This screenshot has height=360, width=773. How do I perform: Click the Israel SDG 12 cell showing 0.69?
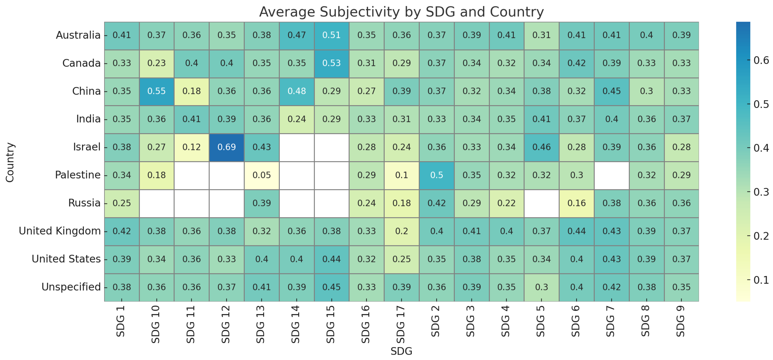click(x=226, y=147)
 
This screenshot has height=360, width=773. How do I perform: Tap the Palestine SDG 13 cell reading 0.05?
click(x=262, y=175)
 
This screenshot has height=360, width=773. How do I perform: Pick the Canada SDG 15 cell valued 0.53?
click(x=331, y=63)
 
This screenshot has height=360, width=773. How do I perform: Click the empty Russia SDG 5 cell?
click(x=542, y=203)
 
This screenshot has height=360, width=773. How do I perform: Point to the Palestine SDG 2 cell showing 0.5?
click(x=437, y=175)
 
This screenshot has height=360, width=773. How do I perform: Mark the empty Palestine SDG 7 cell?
click(x=612, y=175)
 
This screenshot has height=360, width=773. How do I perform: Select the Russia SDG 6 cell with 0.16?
click(x=576, y=203)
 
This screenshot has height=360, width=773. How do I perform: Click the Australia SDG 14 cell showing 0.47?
click(x=296, y=35)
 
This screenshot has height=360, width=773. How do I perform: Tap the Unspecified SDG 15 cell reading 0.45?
click(x=331, y=287)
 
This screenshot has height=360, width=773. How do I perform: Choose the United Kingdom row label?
click(x=60, y=231)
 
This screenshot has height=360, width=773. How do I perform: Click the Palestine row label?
click(x=78, y=175)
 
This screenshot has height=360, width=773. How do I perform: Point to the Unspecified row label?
click(x=71, y=287)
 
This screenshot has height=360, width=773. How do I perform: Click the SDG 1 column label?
click(x=121, y=321)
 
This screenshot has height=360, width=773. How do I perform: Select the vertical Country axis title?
click(x=10, y=162)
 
